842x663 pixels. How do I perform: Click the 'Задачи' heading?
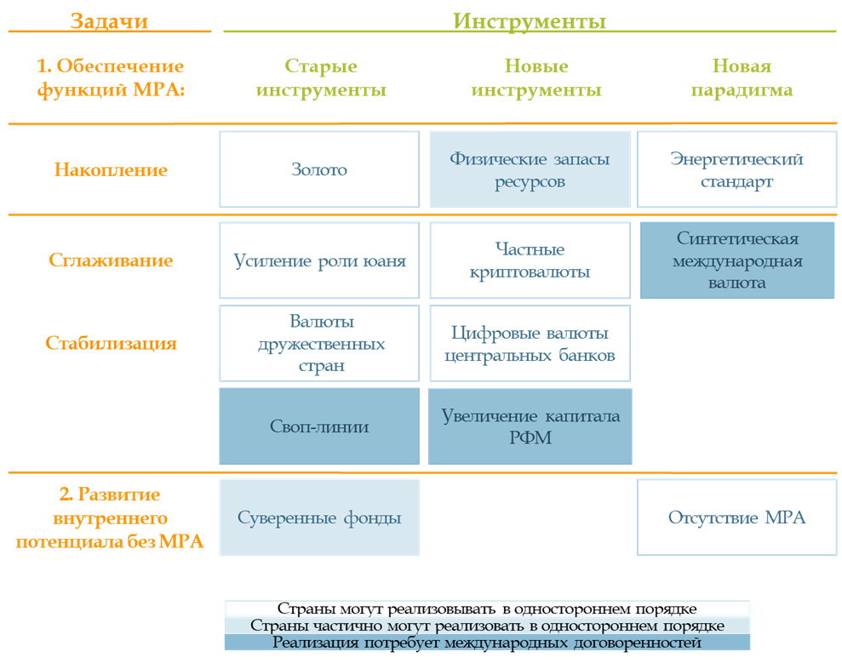109,21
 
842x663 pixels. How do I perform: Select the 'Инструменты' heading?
530,21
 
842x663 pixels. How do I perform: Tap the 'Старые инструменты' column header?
321,77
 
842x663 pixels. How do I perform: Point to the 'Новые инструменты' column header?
536,77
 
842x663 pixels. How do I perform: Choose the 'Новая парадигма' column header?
742,77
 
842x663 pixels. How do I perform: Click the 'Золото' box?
319,169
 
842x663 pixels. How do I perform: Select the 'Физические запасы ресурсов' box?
530,169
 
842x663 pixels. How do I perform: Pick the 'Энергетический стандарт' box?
736,169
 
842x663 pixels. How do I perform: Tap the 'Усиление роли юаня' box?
319,260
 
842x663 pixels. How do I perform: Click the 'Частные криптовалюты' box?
530,260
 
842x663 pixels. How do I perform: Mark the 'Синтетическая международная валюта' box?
737,260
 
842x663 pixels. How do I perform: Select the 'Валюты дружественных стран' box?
319,344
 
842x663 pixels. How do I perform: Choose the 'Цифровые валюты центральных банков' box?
530,344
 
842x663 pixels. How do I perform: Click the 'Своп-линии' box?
319,426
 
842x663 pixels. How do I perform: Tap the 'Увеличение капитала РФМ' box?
530,426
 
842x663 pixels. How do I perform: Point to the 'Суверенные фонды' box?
319,517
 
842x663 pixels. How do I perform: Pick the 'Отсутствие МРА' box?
736,517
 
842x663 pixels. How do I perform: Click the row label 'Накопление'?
111,169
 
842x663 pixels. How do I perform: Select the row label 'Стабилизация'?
111,343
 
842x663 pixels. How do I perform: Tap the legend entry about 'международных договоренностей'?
487,642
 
